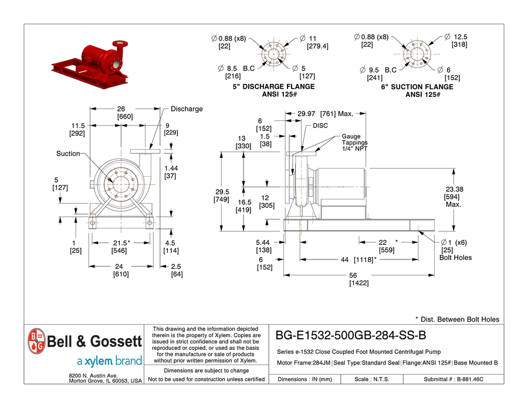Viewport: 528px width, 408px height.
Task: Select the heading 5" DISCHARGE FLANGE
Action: tap(273, 87)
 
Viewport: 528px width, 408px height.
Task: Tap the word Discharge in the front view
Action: tap(187, 109)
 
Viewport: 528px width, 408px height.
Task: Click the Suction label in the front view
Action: tap(68, 154)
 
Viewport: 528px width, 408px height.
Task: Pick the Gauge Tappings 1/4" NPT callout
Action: tap(356, 143)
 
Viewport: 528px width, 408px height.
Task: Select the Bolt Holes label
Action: tap(455, 258)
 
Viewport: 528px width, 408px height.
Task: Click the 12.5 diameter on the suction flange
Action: tap(460, 36)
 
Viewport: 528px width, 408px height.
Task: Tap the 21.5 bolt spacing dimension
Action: tap(120, 243)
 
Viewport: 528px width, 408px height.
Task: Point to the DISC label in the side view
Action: tap(320, 126)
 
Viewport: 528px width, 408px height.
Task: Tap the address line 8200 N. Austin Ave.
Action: tap(94, 375)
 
